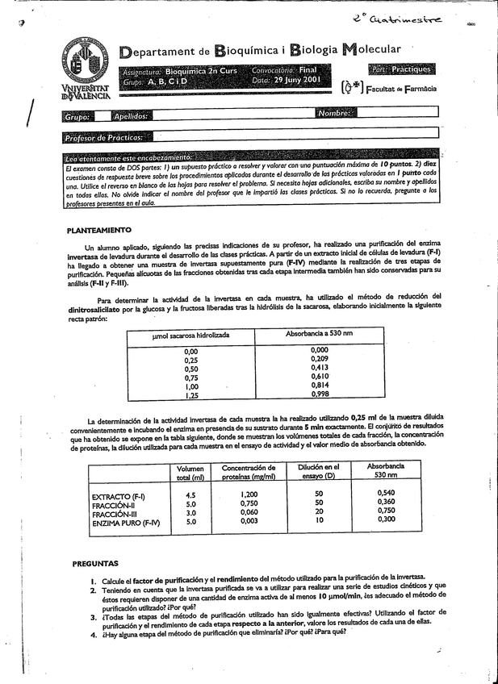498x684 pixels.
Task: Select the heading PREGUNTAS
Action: tap(95, 562)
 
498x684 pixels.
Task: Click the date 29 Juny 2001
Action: tap(298, 81)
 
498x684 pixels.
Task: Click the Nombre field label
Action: tap(334, 114)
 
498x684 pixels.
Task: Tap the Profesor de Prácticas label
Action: tap(103, 138)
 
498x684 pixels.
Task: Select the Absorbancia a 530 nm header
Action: tap(320, 333)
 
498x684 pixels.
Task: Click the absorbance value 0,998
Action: tap(320, 394)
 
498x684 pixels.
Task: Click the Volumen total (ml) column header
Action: tap(190, 473)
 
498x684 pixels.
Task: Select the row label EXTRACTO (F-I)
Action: tap(119, 495)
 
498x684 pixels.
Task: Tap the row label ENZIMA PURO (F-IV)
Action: tap(126, 523)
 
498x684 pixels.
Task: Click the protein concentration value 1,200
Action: tap(249, 494)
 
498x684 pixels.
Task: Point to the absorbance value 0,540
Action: tap(386, 492)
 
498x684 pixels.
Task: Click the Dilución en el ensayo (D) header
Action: tap(319, 472)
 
